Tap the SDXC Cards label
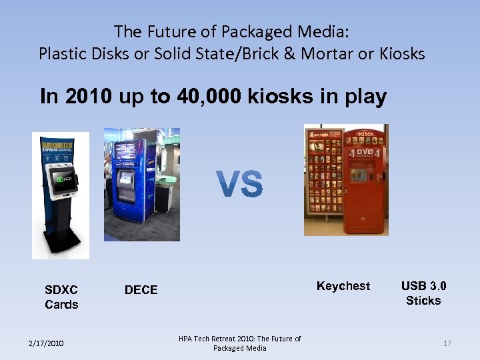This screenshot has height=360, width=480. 61,297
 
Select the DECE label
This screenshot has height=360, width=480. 141,290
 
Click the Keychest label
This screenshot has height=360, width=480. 343,286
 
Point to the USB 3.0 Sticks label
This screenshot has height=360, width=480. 423,293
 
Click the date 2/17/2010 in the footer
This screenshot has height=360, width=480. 47,343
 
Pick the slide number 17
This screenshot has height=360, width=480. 447,343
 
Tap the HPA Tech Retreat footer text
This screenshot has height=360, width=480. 239,343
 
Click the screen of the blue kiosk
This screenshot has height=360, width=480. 125,179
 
